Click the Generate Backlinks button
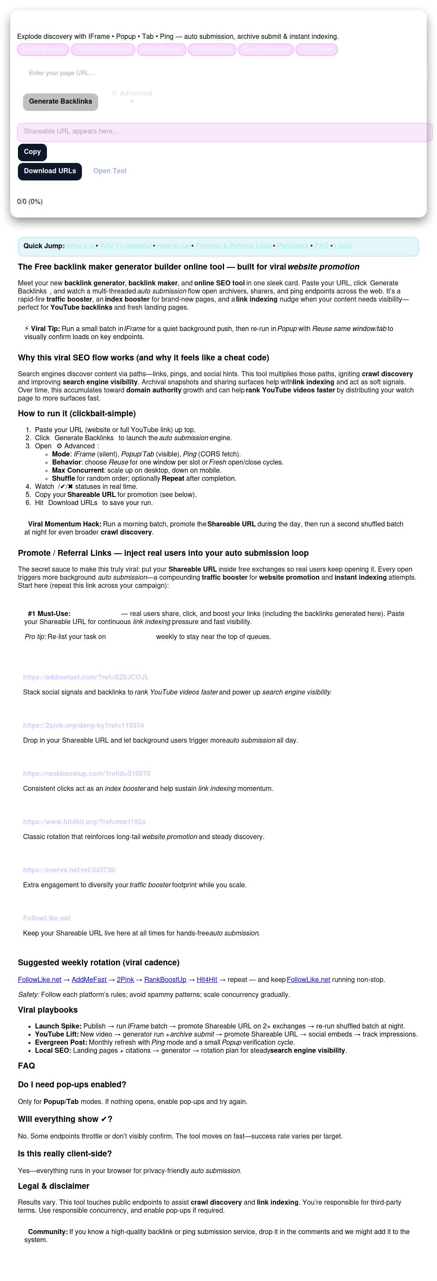(60, 102)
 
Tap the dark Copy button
(32, 152)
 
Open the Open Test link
(110, 171)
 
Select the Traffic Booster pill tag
(43, 49)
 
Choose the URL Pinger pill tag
(317, 49)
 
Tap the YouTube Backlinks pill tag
(103, 49)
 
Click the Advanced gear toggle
(132, 93)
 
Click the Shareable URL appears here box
(224, 132)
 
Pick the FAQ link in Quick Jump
(321, 246)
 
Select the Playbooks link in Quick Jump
(292, 246)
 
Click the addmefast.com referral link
(86, 677)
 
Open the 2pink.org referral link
(83, 726)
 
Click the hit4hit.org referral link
(84, 822)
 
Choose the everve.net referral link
(70, 870)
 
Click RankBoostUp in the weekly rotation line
(165, 980)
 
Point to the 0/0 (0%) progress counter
(30, 202)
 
